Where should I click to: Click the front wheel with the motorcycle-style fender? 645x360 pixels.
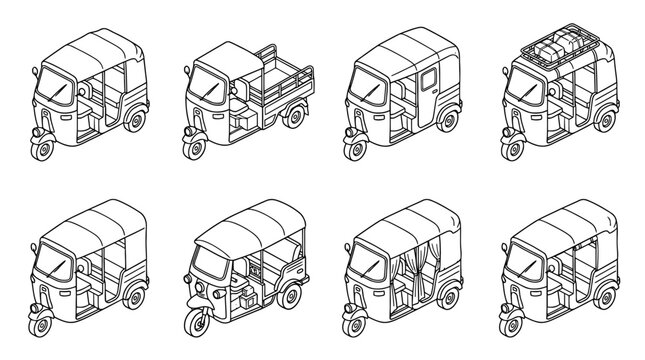pyautogui.click(x=193, y=321)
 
